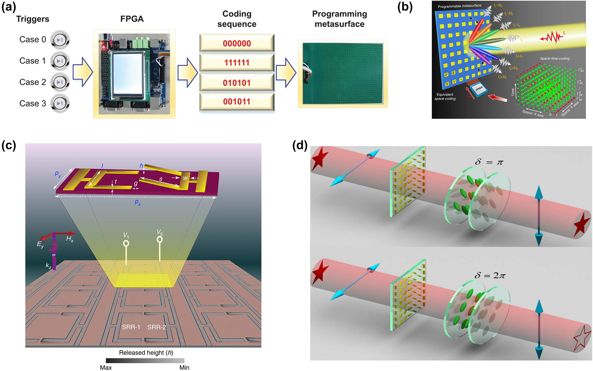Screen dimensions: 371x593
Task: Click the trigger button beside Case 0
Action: [60, 40]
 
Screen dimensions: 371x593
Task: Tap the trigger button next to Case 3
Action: [60, 103]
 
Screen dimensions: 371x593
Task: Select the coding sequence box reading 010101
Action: [236, 83]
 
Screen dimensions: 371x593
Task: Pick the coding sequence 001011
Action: [236, 102]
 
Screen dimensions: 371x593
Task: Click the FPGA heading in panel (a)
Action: [132, 19]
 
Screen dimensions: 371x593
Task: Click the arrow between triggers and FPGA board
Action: [83, 72]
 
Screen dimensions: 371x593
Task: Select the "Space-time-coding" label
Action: [555, 59]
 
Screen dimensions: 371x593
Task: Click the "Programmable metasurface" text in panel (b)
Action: [459, 6]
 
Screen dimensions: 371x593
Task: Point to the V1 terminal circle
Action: [126, 244]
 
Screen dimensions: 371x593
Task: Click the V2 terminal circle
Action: [160, 239]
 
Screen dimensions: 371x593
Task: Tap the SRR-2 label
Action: [157, 327]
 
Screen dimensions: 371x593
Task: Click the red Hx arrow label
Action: [70, 239]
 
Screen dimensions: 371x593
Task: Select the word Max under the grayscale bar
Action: [106, 367]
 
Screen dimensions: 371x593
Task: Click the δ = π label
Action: [489, 162]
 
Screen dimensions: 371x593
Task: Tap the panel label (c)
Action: [9, 146]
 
